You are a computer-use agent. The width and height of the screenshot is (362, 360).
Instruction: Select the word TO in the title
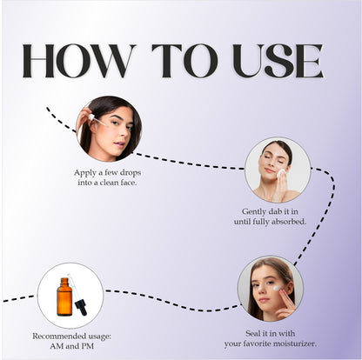(x=178, y=61)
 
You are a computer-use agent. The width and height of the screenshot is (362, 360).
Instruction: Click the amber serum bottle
(x=64, y=297)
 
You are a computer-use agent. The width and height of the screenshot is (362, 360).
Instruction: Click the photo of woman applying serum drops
(x=109, y=128)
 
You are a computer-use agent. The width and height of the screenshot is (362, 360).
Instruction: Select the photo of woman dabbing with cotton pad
(x=278, y=170)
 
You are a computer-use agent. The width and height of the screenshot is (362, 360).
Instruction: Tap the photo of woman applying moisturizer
(x=271, y=288)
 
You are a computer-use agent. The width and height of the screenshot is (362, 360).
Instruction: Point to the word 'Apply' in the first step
(x=84, y=172)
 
